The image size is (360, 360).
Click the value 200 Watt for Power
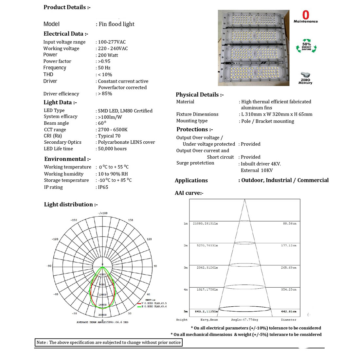tap(108, 55)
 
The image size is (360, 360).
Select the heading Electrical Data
tap(66, 34)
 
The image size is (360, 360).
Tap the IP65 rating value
tap(103, 187)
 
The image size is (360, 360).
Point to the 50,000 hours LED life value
tap(112, 149)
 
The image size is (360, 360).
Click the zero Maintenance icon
tap(306, 17)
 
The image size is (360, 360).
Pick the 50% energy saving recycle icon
tap(306, 46)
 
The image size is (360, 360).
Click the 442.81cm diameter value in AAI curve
tap(288, 311)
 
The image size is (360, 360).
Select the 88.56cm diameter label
tap(290, 224)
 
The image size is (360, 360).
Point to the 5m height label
tap(186, 311)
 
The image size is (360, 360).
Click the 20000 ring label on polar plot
tap(102, 315)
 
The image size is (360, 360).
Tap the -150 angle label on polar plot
tap(74, 220)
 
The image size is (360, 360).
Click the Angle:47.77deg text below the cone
tap(244, 320)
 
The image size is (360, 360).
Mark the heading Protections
tap(194, 129)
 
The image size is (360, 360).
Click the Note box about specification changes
tap(108, 342)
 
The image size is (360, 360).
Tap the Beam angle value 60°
tap(101, 123)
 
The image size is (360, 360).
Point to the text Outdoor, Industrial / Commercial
tap(285, 180)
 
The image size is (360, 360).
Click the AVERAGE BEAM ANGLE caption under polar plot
tap(102, 322)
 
